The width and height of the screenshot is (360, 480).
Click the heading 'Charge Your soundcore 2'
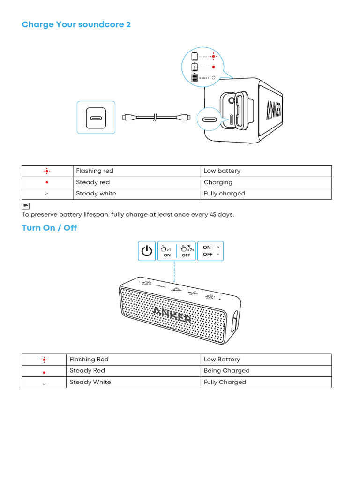pyautogui.click(x=76, y=24)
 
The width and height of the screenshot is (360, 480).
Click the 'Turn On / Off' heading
pyautogui.click(x=49, y=228)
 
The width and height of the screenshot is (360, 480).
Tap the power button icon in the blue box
pyautogui.click(x=147, y=251)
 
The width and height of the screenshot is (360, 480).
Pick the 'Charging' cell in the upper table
pyautogui.click(x=218, y=182)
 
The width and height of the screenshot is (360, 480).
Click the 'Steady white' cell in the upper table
pyautogui.click(x=96, y=194)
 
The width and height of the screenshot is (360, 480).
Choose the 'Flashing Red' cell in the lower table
pyautogui.click(x=89, y=360)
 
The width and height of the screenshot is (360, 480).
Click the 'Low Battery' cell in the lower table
pyautogui.click(x=222, y=360)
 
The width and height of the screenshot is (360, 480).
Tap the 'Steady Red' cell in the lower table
pyautogui.click(x=87, y=371)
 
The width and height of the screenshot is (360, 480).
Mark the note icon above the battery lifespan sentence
pyautogui.click(x=26, y=206)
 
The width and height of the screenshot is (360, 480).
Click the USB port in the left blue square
pyautogui.click(x=96, y=118)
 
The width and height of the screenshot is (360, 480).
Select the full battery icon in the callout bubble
pyautogui.click(x=195, y=77)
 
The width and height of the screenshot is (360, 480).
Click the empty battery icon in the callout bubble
pyautogui.click(x=195, y=57)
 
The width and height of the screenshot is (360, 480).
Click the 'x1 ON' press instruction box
pyautogui.click(x=167, y=251)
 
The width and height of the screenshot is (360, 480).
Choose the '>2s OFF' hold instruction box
pyautogui.click(x=186, y=251)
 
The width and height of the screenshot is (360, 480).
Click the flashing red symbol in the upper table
pyautogui.click(x=47, y=171)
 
